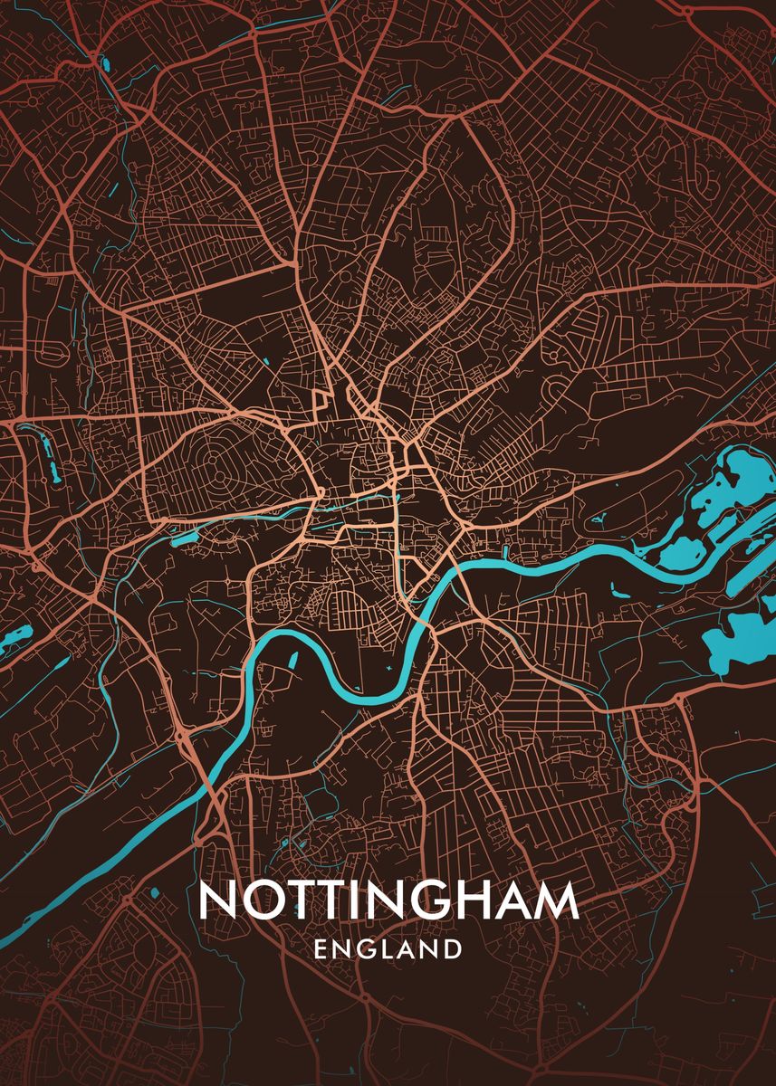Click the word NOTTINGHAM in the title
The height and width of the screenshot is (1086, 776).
pyautogui.click(x=388, y=901)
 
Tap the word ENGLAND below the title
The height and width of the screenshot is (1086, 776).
pyautogui.click(x=388, y=949)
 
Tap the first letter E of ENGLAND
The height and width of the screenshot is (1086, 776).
pyautogui.click(x=320, y=949)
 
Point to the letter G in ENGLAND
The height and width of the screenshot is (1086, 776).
pyautogui.click(x=366, y=949)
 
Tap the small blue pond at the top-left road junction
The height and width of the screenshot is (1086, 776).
pyautogui.click(x=100, y=64)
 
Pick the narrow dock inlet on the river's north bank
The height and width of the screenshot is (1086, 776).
pyautogui.click(x=503, y=548)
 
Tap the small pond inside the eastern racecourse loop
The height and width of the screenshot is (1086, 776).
pyautogui.click(x=599, y=520)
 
